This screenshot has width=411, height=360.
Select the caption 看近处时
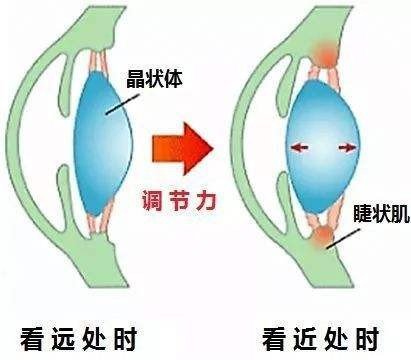[320, 335]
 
